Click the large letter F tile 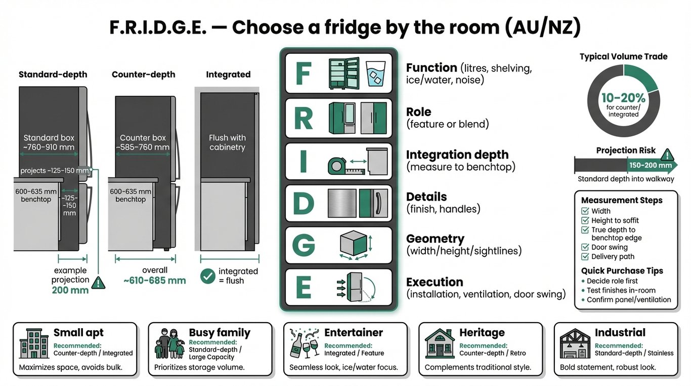coord(303,74)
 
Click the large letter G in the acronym coord(303,246)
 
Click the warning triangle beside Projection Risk coord(667,155)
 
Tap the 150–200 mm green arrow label coord(651,165)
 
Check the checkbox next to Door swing coord(585,247)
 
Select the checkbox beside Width coord(585,211)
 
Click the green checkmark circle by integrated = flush coord(208,276)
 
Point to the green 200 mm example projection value coord(70,290)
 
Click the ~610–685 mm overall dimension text coord(155,280)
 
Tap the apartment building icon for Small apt coord(34,342)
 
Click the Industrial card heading coord(620,332)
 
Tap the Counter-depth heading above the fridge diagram coord(143,74)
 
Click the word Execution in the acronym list coord(435,282)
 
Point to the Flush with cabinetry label coord(227,142)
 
